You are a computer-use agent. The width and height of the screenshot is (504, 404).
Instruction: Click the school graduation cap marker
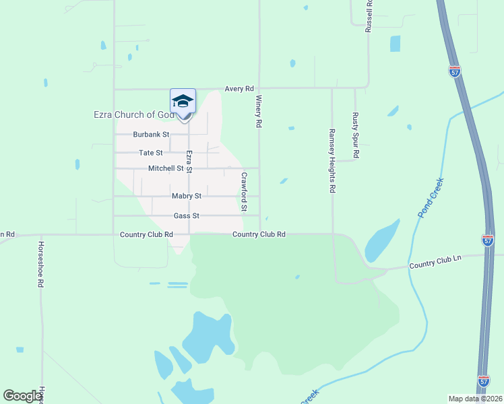click(x=183, y=102)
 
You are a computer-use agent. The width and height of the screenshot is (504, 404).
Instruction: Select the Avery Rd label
click(x=239, y=88)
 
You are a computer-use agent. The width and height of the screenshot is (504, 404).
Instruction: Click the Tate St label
click(x=150, y=153)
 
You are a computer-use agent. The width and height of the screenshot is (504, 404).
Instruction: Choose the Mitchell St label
click(x=166, y=168)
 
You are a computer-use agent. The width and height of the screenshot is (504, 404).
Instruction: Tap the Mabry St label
click(x=186, y=196)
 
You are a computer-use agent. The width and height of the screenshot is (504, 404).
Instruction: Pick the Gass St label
click(x=186, y=215)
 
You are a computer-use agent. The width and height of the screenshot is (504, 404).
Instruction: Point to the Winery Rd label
click(x=258, y=111)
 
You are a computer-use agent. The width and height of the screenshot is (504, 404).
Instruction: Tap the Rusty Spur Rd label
click(x=355, y=135)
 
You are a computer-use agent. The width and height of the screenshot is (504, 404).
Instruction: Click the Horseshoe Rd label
click(x=40, y=264)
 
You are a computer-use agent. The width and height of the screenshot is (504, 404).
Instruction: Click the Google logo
click(x=23, y=396)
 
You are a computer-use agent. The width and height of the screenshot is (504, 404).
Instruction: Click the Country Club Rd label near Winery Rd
click(x=259, y=234)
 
